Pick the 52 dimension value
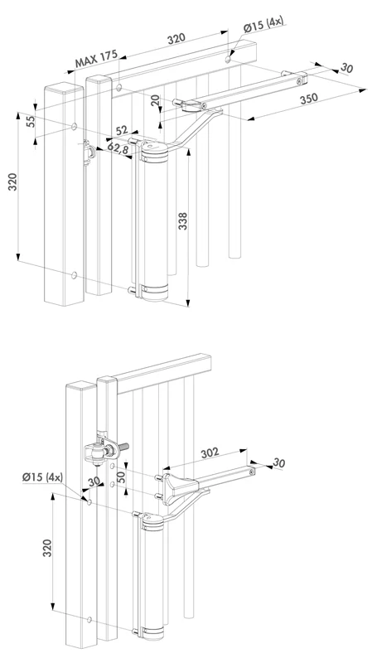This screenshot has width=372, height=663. tap(122, 130)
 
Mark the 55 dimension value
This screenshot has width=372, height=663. tap(30, 121)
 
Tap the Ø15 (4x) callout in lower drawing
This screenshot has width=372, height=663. tap(41, 477)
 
